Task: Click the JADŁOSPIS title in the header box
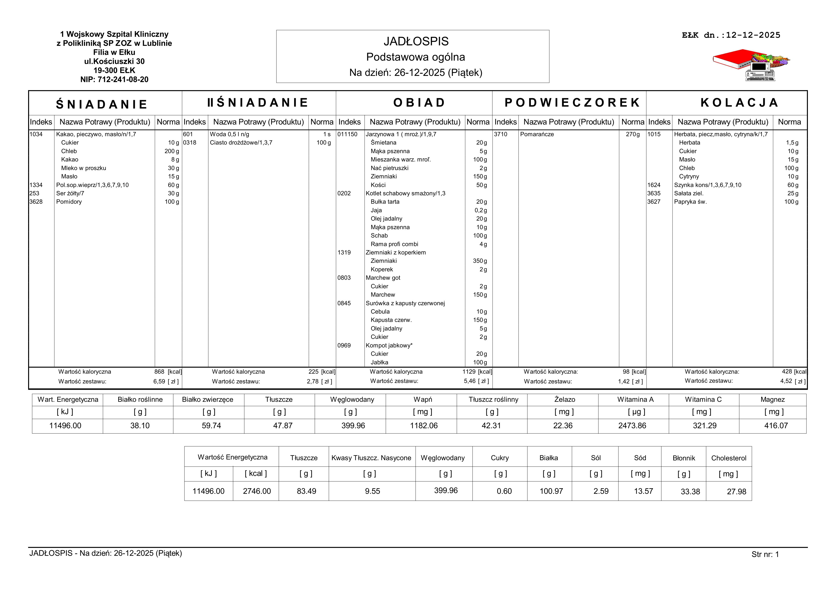pyautogui.click(x=416, y=41)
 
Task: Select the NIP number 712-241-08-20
pyautogui.click(x=114, y=79)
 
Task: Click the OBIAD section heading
pyautogui.click(x=419, y=103)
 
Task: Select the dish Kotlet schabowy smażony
pyautogui.click(x=405, y=193)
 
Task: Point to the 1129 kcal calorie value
pyautogui.click(x=469, y=372)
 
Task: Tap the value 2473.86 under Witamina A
pyautogui.click(x=632, y=426)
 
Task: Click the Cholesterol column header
pyautogui.click(x=728, y=458)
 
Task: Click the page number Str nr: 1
pyautogui.click(x=765, y=555)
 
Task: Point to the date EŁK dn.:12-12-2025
pyautogui.click(x=731, y=35)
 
